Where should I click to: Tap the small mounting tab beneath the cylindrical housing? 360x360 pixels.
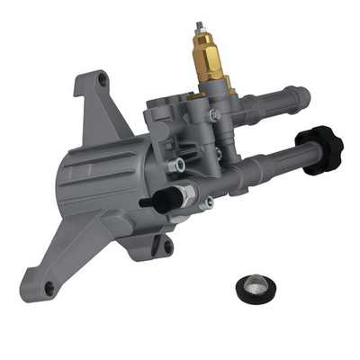(166, 245)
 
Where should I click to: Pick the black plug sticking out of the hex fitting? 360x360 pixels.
(149, 203)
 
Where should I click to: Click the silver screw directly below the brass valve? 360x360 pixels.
(214, 115)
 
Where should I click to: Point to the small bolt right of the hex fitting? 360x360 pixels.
(209, 203)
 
